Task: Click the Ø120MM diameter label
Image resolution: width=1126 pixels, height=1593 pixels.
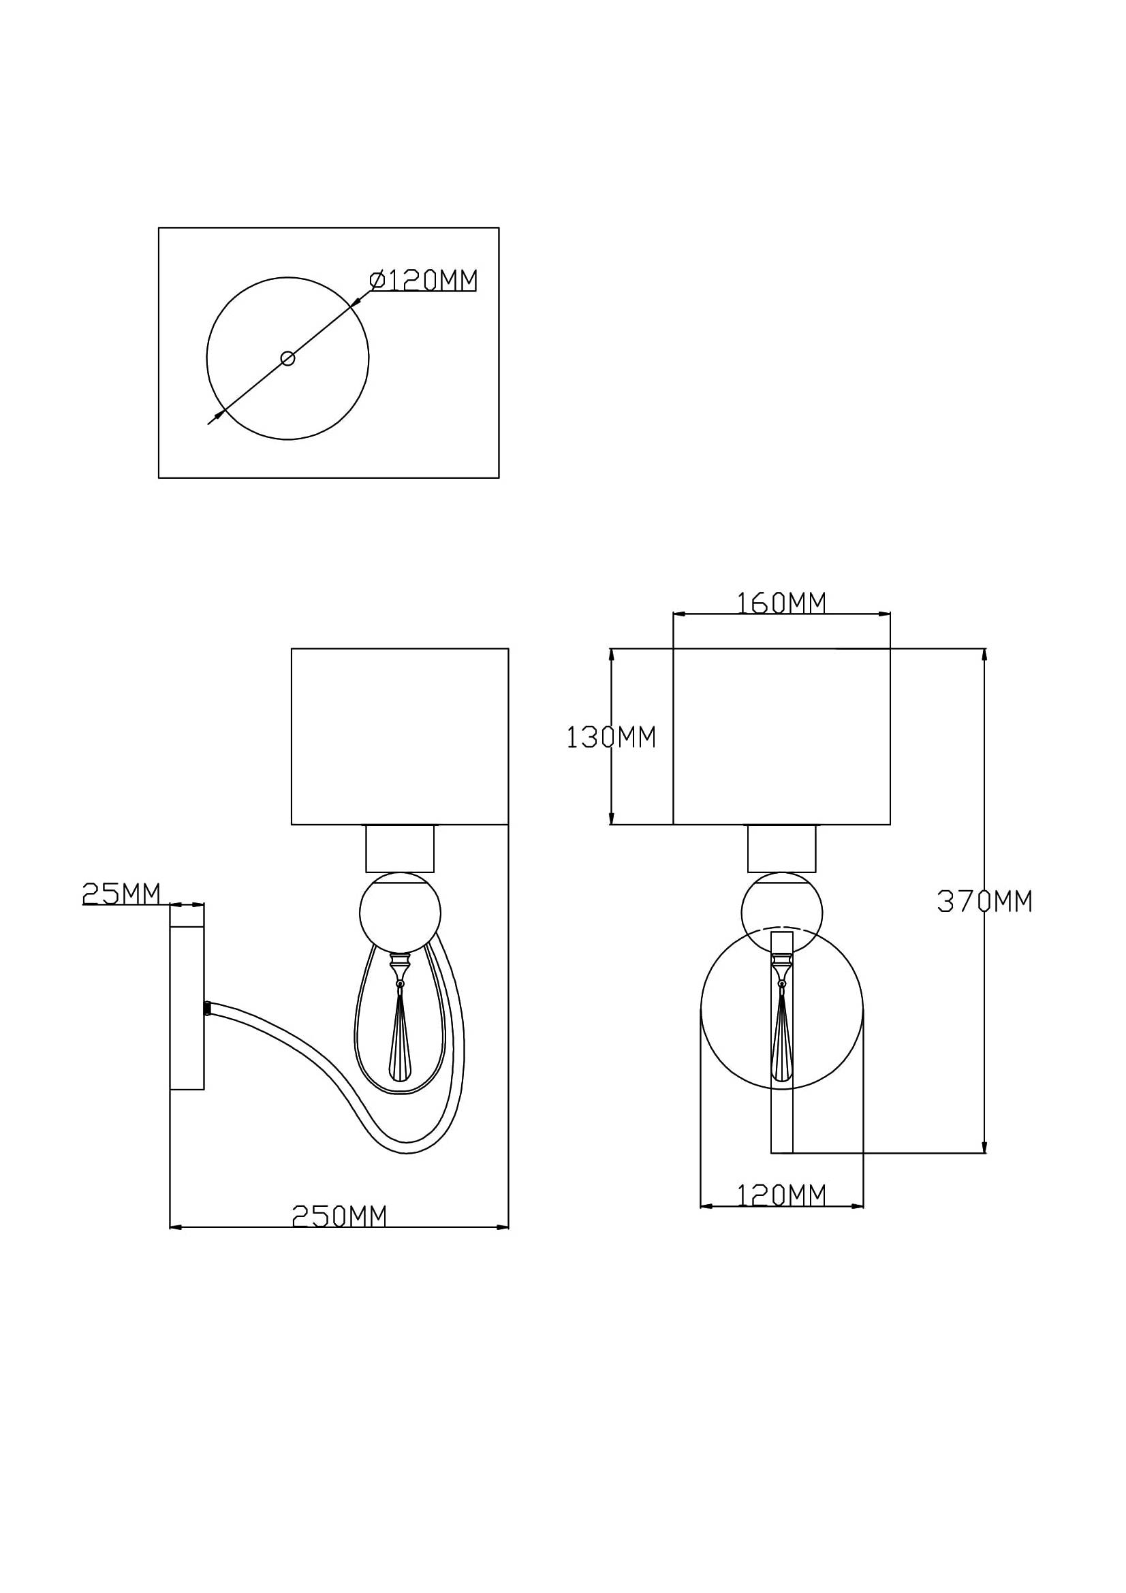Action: coord(424,281)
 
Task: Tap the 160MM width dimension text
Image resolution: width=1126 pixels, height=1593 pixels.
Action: coord(781,603)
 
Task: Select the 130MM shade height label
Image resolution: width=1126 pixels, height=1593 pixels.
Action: coord(611,737)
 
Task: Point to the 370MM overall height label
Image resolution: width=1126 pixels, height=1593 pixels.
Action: coord(984,901)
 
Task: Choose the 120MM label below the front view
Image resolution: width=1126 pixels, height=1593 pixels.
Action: coord(781,1195)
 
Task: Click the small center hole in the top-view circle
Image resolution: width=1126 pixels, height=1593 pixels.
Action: coord(287,358)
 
